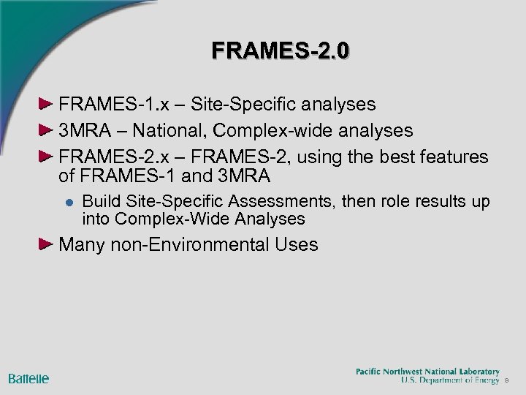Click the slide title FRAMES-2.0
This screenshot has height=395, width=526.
point(281,50)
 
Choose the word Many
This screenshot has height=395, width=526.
point(83,245)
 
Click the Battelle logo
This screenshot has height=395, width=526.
point(28,379)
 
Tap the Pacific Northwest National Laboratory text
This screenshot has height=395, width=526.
point(427,372)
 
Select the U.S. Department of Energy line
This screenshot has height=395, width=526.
point(450,380)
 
